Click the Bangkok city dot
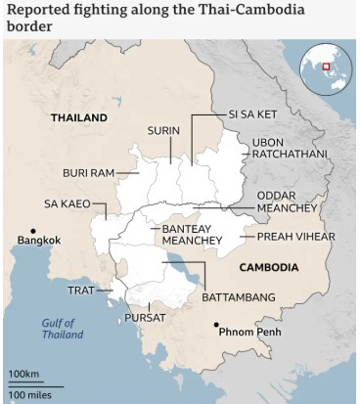coord(22,233)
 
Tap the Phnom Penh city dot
coord(217,325)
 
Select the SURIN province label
coord(162,130)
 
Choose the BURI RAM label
coord(88,173)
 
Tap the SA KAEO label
coord(67,203)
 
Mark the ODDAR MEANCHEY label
coord(293,202)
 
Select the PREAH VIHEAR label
coord(295,237)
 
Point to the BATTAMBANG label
coord(238,296)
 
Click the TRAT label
coord(80,291)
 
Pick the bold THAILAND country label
coord(79,117)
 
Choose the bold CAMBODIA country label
coord(267,266)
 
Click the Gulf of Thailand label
coord(63,329)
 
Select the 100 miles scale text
coord(30,393)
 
